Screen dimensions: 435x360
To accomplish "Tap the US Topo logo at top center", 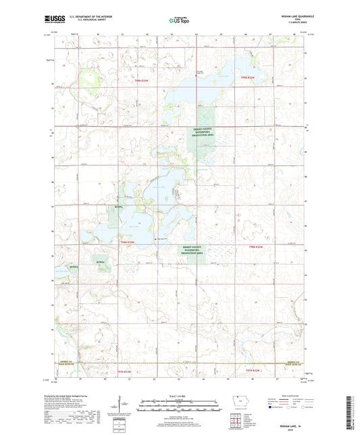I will click(x=179, y=21).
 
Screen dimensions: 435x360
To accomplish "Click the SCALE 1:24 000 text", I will click(x=179, y=395).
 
